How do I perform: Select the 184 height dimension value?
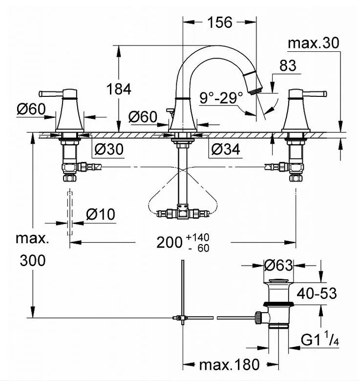click(120, 89)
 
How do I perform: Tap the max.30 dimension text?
click(313, 43)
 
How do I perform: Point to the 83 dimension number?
click(289, 66)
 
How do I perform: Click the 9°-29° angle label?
click(221, 98)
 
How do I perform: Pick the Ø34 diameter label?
click(225, 150)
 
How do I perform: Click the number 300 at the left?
click(32, 261)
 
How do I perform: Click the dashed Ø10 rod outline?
click(70, 213)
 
